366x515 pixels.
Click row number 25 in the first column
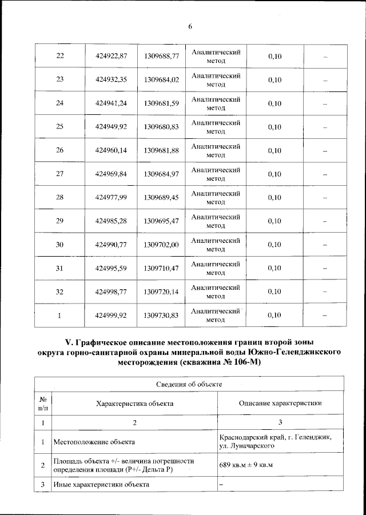59,127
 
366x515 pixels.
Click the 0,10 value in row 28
274,198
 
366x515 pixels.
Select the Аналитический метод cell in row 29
216,221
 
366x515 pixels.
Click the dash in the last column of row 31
325,268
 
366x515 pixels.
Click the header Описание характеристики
280,403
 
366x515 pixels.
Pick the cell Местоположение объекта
94,441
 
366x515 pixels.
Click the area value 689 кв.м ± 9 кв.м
246,465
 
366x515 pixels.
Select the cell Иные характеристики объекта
101,485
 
